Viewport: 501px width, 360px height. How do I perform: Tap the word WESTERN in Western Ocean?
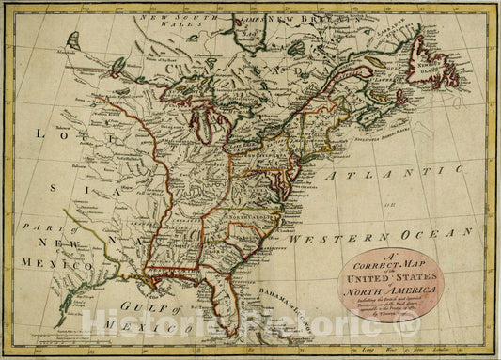point(331,241)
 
